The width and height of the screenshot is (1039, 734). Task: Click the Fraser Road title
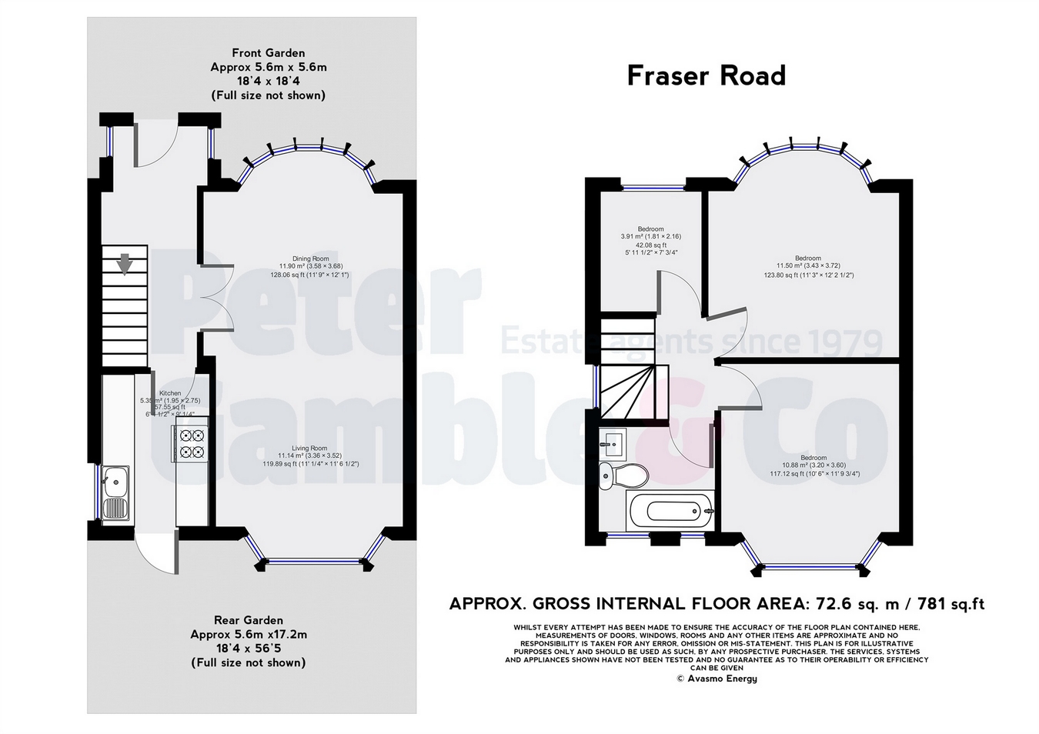(x=706, y=75)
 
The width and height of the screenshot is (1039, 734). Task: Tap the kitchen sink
(x=115, y=492)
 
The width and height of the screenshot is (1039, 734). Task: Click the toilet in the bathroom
(x=616, y=475)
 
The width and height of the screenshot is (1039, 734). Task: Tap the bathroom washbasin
(x=613, y=441)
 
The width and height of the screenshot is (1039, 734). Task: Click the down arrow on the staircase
(x=124, y=264)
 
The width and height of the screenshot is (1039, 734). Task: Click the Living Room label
(x=309, y=448)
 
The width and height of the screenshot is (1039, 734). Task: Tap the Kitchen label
(x=170, y=393)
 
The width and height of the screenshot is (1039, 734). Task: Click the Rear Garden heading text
(x=248, y=620)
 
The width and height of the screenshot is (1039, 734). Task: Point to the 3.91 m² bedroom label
(x=650, y=229)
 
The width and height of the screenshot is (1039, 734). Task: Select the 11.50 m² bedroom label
(x=808, y=259)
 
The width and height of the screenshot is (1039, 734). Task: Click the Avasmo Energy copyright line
(x=717, y=679)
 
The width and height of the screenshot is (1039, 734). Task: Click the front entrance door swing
(x=157, y=145)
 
